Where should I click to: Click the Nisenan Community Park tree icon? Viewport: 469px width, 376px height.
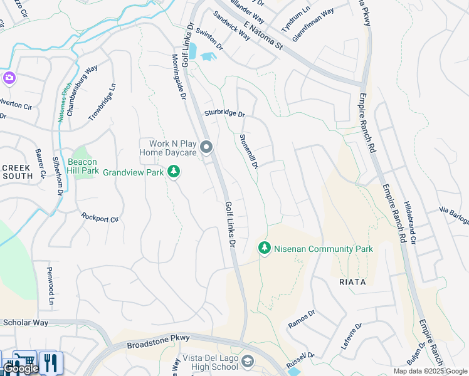[x=265, y=249]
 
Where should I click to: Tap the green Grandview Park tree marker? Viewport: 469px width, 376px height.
[x=174, y=172]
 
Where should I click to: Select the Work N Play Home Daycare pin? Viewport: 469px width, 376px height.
[x=207, y=148]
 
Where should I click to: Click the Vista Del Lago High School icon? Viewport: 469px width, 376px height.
[x=248, y=362]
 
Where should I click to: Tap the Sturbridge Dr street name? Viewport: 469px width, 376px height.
[x=224, y=114]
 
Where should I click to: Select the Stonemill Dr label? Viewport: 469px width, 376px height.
[x=249, y=150]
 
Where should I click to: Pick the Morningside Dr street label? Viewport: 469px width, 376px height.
[x=179, y=80]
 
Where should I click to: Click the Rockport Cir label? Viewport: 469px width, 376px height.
[x=100, y=217]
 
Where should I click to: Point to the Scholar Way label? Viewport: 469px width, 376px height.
[x=26, y=323]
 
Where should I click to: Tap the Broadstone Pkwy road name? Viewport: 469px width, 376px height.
[x=158, y=342]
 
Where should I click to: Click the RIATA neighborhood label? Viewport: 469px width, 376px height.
[x=352, y=282]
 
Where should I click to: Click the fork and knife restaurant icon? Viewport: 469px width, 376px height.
[x=49, y=362]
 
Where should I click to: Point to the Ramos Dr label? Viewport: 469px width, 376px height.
[x=301, y=321]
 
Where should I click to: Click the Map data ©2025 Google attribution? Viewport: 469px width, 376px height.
[x=430, y=371]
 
